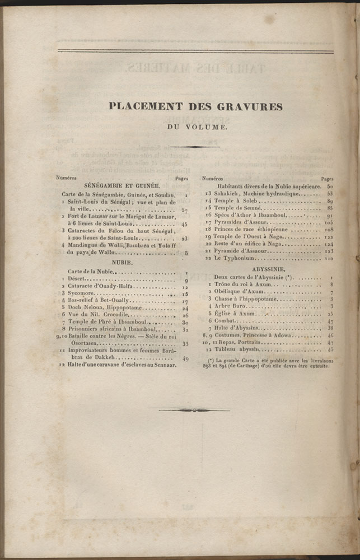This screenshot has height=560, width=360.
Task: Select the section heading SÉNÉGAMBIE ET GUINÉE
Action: point(121,185)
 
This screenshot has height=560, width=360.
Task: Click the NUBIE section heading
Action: point(121,262)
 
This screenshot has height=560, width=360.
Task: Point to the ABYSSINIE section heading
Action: point(268,269)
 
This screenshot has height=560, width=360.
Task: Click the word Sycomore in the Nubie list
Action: point(81,293)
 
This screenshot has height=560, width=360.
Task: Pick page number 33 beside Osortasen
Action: point(185,343)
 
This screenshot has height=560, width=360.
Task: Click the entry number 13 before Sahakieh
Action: point(208,193)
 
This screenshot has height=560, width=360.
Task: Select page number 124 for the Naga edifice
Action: point(329,244)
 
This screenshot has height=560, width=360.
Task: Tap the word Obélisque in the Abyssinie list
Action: point(229,292)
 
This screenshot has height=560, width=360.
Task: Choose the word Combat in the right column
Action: point(226,321)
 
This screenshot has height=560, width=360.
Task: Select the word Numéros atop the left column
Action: point(67,177)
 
